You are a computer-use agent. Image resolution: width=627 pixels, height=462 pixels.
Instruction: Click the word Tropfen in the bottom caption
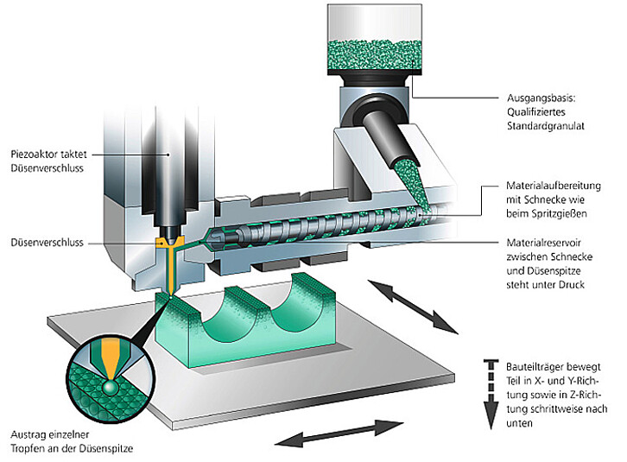pyautogui.click(x=25, y=449)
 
